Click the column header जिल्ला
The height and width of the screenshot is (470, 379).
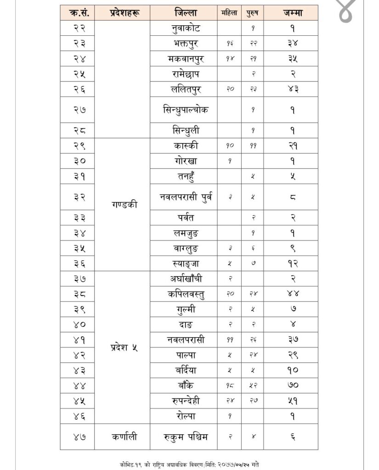click(x=183, y=12)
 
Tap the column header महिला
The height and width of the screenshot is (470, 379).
click(x=229, y=13)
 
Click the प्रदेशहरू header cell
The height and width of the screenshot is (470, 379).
click(x=122, y=13)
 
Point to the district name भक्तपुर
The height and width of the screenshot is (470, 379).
click(x=183, y=44)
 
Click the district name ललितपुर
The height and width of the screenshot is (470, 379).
click(x=183, y=89)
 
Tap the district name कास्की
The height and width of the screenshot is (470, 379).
click(x=183, y=145)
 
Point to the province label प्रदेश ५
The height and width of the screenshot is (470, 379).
click(x=122, y=347)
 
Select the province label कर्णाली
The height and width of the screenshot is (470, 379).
click(x=122, y=436)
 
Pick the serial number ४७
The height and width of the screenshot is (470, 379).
click(x=77, y=436)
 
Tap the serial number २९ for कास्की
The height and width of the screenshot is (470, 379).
click(x=77, y=145)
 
